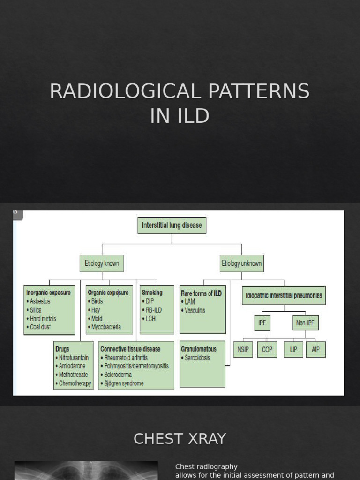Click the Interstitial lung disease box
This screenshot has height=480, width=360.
(x=172, y=225)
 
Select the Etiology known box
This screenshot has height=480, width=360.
(x=102, y=263)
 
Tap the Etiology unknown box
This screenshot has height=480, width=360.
(x=241, y=263)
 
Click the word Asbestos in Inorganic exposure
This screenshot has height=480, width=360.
(x=40, y=301)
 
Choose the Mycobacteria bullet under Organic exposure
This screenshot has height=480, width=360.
(x=106, y=327)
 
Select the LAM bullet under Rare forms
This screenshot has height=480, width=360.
(x=190, y=301)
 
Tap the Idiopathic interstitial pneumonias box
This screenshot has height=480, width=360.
(x=284, y=296)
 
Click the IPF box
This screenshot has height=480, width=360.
(x=262, y=323)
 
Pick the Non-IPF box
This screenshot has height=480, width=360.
(x=305, y=323)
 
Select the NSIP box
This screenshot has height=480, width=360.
(x=243, y=350)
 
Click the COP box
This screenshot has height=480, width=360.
(x=267, y=350)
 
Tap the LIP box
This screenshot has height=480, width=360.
(x=293, y=350)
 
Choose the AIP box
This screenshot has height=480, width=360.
(x=315, y=350)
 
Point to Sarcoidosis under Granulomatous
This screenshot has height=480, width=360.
(x=198, y=358)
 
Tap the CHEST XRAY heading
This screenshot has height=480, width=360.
(x=180, y=439)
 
